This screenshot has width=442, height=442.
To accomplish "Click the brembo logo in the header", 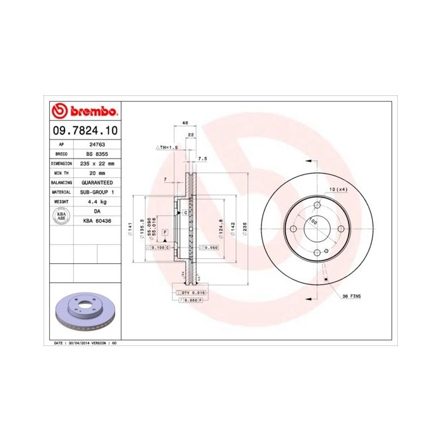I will tap(84, 112).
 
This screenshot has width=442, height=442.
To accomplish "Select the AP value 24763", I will tap(97, 143).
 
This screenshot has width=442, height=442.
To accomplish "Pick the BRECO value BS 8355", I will tap(97, 153).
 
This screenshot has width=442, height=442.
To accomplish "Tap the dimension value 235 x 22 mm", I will tap(97, 162).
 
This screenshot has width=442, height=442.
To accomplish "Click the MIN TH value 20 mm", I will tap(97, 172).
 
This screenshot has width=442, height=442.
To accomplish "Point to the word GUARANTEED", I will tap(97, 182).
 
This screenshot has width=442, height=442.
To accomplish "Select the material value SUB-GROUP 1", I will tap(97, 191).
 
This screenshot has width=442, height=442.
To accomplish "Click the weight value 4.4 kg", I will tap(97, 201).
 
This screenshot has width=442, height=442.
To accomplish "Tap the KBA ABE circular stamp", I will tap(62, 216).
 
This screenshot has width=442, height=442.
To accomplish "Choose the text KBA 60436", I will tap(97, 221).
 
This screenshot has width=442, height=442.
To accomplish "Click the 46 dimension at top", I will tap(185, 122).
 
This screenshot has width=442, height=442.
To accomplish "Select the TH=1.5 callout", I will tap(168, 146).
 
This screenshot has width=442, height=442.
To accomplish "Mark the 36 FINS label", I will tap(351, 296).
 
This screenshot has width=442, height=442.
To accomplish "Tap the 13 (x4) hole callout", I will tap(338, 189).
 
